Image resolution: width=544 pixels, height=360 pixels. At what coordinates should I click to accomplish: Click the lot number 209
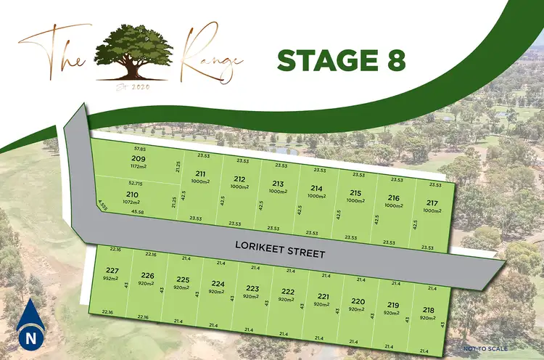[138, 158]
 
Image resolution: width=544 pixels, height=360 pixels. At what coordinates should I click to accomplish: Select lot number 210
[132, 195]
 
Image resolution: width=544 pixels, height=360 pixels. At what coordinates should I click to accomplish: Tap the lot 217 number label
[432, 202]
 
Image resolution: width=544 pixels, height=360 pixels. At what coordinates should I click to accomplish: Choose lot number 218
[428, 310]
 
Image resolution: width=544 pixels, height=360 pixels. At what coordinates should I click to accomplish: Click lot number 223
[252, 288]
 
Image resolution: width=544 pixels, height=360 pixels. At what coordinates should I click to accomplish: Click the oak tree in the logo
[137, 52]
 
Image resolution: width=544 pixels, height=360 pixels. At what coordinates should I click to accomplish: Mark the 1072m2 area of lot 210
[133, 202]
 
